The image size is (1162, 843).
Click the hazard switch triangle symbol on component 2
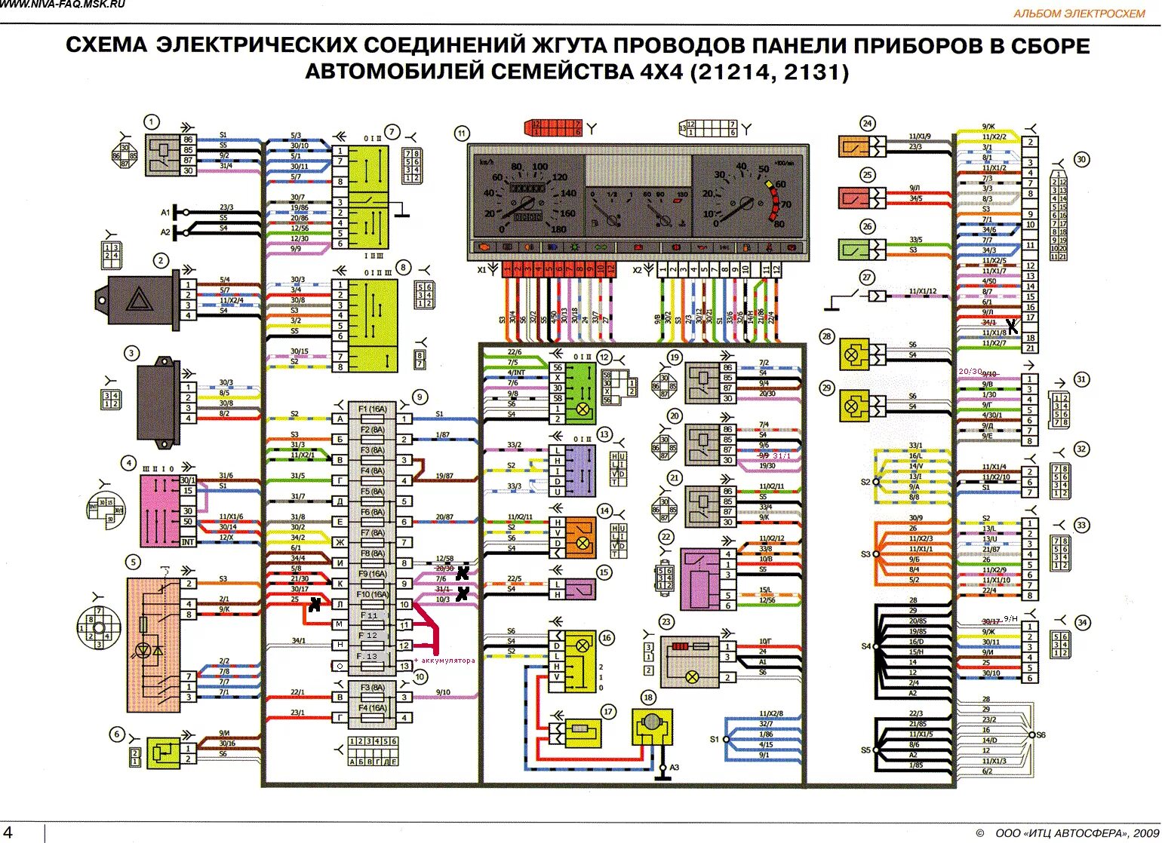[x=139, y=300]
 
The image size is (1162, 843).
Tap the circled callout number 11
[x=462, y=133]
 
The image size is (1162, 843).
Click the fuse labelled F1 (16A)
[x=373, y=409]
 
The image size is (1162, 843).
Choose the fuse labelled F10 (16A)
[x=373, y=595]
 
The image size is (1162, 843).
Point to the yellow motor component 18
[x=650, y=725]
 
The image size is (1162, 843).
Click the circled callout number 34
[x=1082, y=623]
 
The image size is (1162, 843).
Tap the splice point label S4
[x=865, y=646]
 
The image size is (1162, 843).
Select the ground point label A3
[x=675, y=768]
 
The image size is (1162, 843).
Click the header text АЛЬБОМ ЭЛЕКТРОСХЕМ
[x=1079, y=14]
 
